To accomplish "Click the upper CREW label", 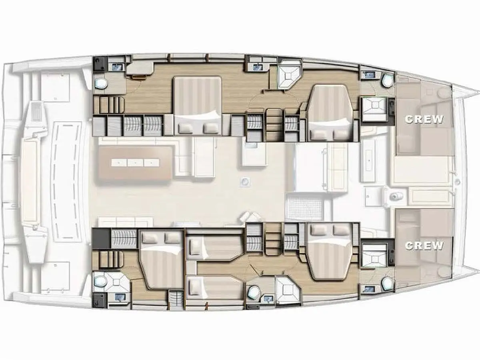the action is coord(424,119).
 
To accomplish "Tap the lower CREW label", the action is coord(424,246).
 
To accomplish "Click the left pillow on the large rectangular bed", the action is coord(186,128).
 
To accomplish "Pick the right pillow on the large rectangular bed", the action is coord(210,128).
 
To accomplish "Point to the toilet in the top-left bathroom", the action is coord(101,84).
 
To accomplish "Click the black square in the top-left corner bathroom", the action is coord(100,64).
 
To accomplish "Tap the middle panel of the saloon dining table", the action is coord(135,163).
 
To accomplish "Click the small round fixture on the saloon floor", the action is coord(245,182).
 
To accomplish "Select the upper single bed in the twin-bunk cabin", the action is coord(214,248).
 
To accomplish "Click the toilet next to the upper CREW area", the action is coord(388,79).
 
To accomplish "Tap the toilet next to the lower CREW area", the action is coord(387,284).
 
